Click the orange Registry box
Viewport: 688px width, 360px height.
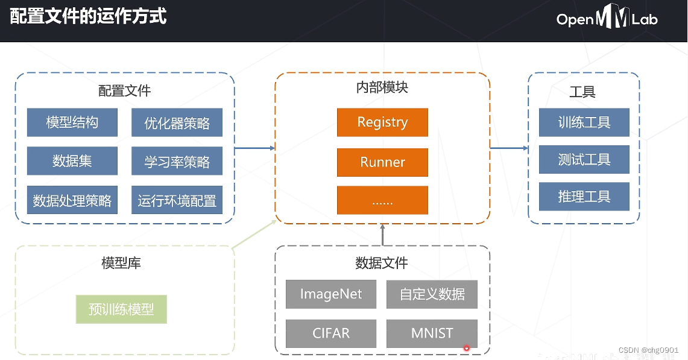pyautogui.click(x=382, y=122)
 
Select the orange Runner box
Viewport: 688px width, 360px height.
pyautogui.click(x=382, y=162)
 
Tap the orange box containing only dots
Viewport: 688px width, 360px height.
pyautogui.click(x=382, y=200)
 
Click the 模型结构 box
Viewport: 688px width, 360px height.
pyautogui.click(x=72, y=122)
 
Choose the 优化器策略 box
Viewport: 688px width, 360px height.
pyautogui.click(x=177, y=122)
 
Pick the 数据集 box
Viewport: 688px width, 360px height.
pyautogui.click(x=72, y=160)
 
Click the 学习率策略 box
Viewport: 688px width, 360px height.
pyautogui.click(x=177, y=160)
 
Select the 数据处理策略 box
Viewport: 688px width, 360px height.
pyautogui.click(x=72, y=200)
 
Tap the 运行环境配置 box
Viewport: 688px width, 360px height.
pyautogui.click(x=177, y=200)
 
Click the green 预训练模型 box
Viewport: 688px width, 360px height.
pyautogui.click(x=121, y=309)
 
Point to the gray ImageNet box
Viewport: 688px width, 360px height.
pyautogui.click(x=331, y=294)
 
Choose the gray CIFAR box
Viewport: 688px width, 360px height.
pyautogui.click(x=331, y=333)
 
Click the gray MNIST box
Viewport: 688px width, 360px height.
pyautogui.click(x=432, y=333)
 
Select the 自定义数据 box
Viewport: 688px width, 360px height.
pyautogui.click(x=432, y=294)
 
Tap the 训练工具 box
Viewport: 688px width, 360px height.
pyautogui.click(x=584, y=122)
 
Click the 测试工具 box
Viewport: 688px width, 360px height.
pyautogui.click(x=584, y=159)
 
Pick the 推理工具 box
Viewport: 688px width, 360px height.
pyautogui.click(x=584, y=196)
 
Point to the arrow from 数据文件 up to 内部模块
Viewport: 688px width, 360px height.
pyautogui.click(x=383, y=235)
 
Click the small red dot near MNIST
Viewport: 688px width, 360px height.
pyautogui.click(x=467, y=348)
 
